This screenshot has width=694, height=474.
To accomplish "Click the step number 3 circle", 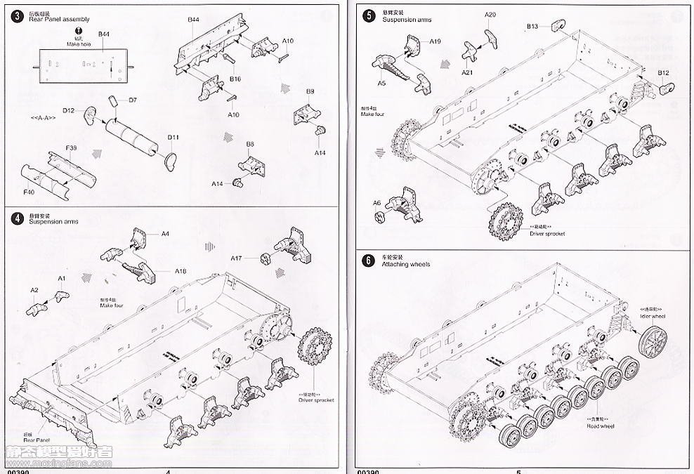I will (x=17, y=15).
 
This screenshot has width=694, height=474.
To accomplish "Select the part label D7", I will (x=133, y=99).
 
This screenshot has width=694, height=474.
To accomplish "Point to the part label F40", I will (x=29, y=191).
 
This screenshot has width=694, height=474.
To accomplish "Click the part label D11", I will (x=174, y=137).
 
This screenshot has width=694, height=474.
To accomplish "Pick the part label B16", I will (x=235, y=79).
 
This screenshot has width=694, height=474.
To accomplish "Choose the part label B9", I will (x=310, y=91).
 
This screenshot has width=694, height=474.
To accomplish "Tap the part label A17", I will (x=237, y=258).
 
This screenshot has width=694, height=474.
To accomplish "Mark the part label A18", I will (x=181, y=271).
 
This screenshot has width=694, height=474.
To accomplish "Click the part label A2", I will (x=34, y=289).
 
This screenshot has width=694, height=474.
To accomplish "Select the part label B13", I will (x=533, y=27).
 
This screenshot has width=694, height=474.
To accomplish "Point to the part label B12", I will (x=664, y=73).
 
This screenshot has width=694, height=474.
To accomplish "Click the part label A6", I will (x=377, y=203).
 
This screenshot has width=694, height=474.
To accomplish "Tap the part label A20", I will (x=490, y=15).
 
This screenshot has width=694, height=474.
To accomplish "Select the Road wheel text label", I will (x=601, y=426).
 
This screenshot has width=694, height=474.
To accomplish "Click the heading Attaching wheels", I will (x=406, y=264).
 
